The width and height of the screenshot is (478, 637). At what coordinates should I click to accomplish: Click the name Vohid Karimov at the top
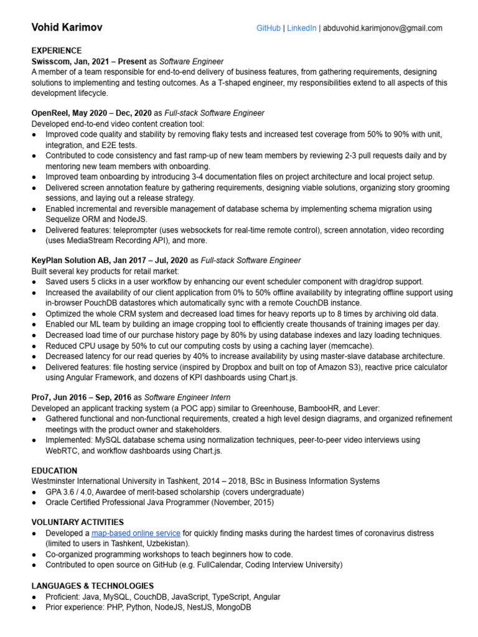click(67, 28)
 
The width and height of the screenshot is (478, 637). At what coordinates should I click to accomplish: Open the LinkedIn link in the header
click(302, 28)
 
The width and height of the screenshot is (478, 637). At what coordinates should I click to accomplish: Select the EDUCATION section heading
click(54, 471)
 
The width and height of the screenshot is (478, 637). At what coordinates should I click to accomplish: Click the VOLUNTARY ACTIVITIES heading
click(77, 523)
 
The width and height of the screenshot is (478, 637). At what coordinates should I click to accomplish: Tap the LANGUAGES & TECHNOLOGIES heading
click(92, 586)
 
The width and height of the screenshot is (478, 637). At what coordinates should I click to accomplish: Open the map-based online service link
click(136, 534)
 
